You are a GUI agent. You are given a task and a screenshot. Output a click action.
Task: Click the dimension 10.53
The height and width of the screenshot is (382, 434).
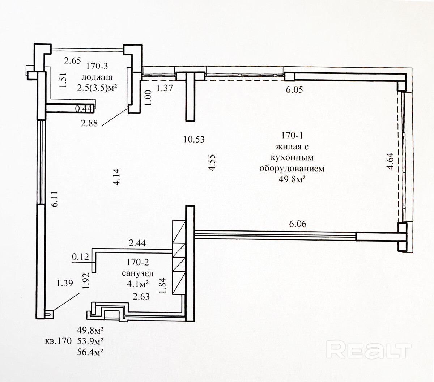194,139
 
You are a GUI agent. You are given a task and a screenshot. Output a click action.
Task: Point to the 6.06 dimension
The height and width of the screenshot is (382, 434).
297,224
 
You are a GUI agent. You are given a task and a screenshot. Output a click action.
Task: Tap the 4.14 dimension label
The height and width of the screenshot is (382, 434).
116,178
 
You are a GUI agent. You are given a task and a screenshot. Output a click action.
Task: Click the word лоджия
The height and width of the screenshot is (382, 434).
97,77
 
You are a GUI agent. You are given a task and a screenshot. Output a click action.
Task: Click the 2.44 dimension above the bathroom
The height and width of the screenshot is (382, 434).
137,244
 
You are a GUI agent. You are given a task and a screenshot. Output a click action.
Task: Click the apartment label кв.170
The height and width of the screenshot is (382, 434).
57,341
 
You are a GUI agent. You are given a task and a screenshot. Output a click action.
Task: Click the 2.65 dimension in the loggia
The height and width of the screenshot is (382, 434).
72,61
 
